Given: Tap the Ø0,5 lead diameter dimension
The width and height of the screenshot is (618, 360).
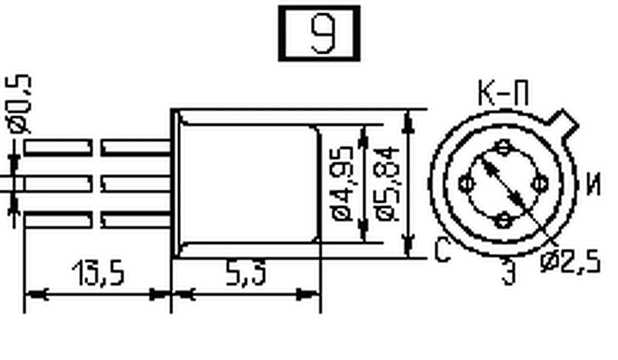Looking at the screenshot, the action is [x=19, y=104].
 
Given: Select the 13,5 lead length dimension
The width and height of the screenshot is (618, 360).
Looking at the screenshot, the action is [x=98, y=272].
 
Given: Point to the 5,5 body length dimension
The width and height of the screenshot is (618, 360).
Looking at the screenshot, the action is [x=246, y=272].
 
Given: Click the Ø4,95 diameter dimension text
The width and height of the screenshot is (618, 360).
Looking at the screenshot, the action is [x=342, y=184].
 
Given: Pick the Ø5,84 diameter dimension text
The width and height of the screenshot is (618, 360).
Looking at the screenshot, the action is [x=388, y=184].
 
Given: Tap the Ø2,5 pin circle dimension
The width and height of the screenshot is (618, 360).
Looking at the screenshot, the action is [x=570, y=262].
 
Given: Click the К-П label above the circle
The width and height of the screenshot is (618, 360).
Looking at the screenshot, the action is [x=503, y=93].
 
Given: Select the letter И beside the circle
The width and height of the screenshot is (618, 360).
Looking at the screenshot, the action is [x=593, y=184].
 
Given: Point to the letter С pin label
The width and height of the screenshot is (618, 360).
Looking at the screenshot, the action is [x=442, y=250].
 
